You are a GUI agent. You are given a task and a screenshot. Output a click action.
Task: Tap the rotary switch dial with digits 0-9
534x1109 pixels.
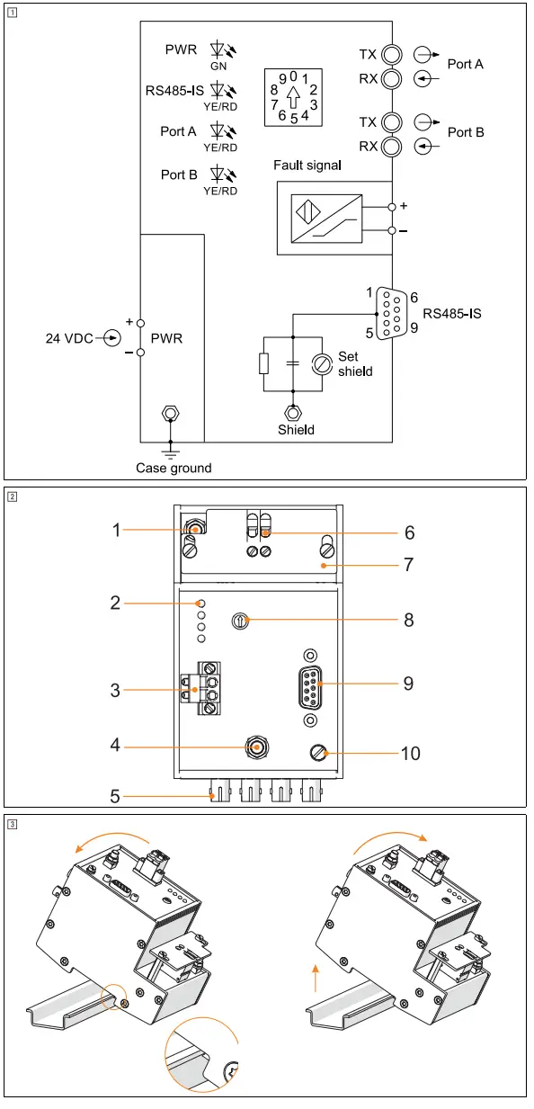point(293,97)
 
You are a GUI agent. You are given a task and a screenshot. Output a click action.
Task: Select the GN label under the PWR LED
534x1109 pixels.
point(218,66)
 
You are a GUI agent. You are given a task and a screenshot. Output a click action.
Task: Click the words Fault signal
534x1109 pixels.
point(307,165)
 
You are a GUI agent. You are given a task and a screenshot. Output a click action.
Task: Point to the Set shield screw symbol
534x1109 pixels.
point(322,364)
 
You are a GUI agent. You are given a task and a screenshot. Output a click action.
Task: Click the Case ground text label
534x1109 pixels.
point(174,468)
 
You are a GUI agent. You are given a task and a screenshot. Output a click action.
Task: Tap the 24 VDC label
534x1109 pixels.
point(69,339)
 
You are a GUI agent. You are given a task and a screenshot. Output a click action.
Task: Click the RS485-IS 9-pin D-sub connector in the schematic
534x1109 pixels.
point(392,313)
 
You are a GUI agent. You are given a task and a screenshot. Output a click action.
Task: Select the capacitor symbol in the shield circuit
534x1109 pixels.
point(293,363)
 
